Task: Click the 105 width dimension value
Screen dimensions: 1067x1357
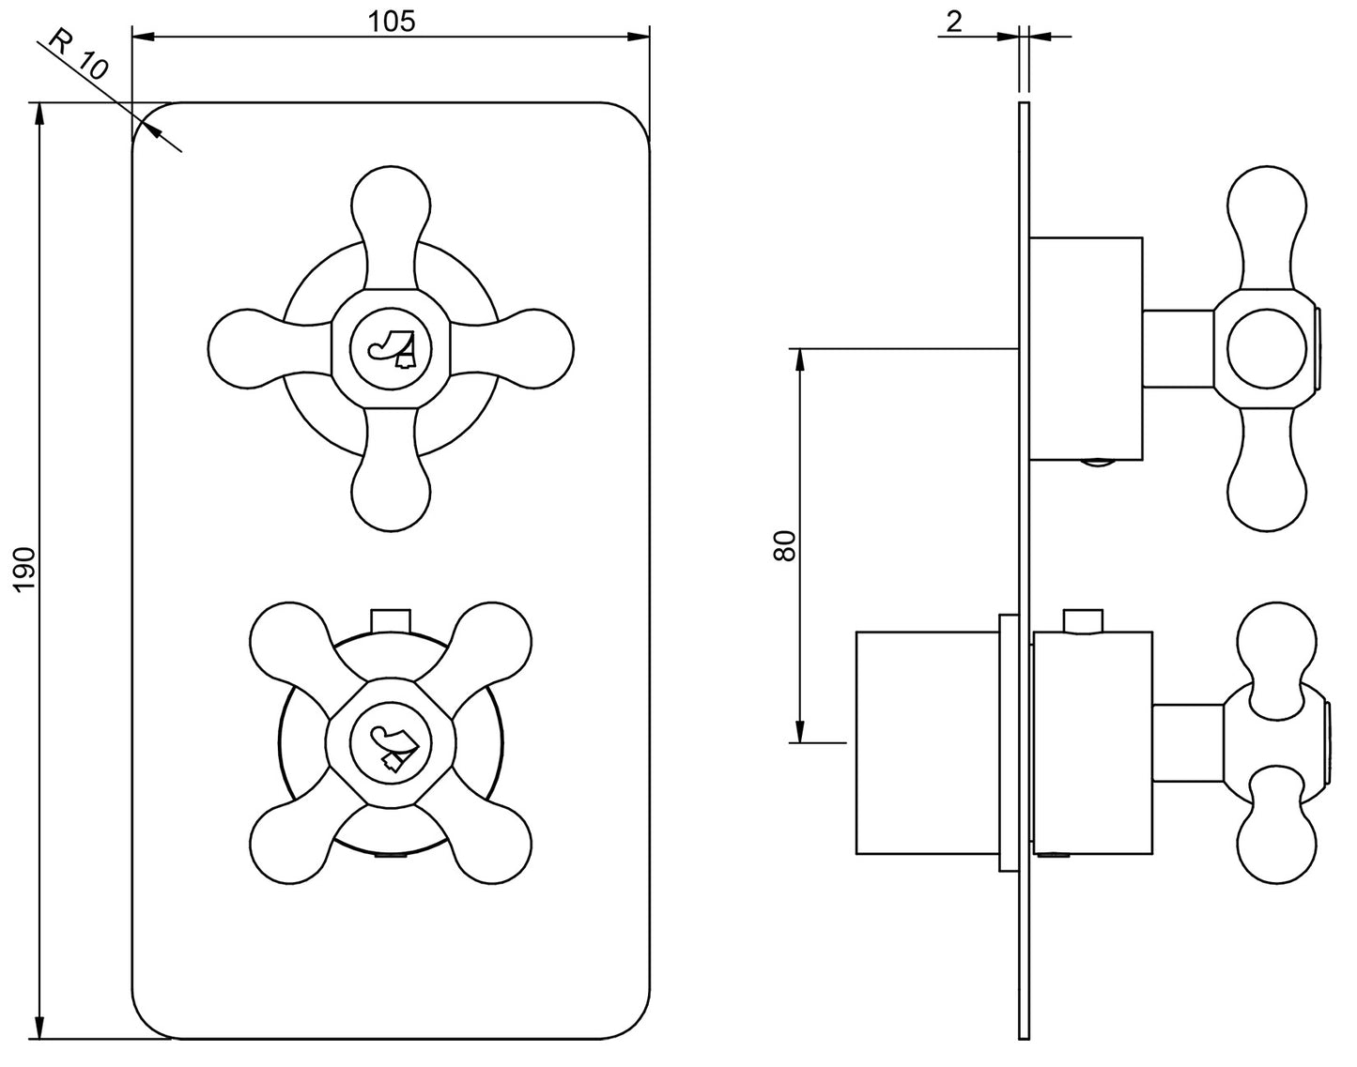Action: (392, 21)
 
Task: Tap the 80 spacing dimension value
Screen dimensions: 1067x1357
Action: (785, 545)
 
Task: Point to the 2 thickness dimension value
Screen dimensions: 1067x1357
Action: (954, 21)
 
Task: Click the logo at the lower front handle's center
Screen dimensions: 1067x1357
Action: (392, 748)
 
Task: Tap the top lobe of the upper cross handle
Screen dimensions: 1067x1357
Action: (392, 202)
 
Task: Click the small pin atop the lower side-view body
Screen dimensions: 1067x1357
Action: (1083, 621)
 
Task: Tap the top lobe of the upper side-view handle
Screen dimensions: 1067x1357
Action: (1267, 206)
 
